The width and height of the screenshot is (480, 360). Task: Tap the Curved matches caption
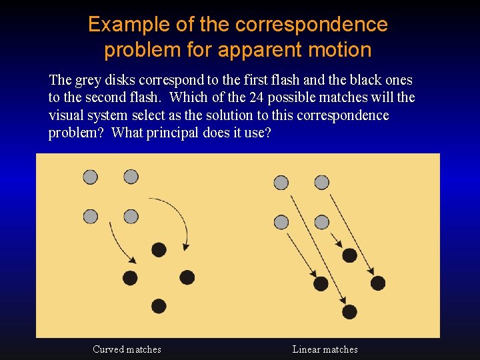click(x=127, y=349)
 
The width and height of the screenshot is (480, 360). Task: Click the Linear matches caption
click(x=325, y=349)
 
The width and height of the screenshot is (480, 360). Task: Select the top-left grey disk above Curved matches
click(x=90, y=177)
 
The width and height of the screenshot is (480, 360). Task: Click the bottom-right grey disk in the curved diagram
click(x=131, y=217)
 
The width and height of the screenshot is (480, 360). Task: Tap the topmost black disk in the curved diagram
click(x=159, y=249)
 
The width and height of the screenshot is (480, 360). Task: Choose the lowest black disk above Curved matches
click(x=159, y=306)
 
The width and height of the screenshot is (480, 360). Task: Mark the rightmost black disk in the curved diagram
click(x=187, y=277)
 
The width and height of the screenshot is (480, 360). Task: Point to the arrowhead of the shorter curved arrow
click(x=133, y=260)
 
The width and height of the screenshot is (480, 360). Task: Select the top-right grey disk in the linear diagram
click(x=322, y=182)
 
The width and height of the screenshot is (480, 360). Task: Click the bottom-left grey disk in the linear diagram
click(x=281, y=222)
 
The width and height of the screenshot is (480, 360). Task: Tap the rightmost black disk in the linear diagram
click(x=378, y=283)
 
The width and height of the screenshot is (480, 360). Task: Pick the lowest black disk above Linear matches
click(x=349, y=311)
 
